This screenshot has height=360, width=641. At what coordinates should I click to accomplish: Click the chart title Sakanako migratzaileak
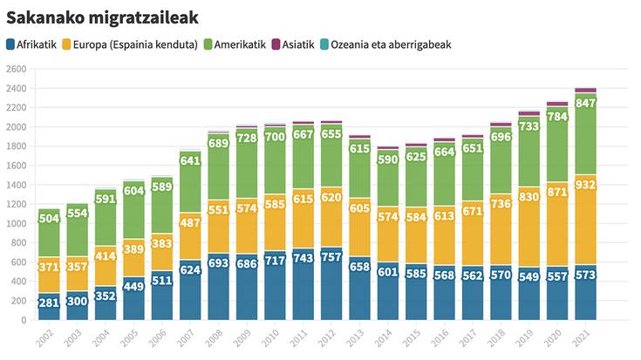(x=102, y=16)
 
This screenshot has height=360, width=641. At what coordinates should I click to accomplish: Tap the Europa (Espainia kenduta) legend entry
(x=136, y=44)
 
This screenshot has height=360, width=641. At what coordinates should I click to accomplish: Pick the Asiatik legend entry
(x=293, y=44)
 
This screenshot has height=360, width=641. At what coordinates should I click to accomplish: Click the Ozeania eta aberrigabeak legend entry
(x=385, y=44)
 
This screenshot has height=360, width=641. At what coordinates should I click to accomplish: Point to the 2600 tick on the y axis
(x=17, y=69)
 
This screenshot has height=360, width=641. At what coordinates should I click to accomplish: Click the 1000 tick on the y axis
(x=17, y=223)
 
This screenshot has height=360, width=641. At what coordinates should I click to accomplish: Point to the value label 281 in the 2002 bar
(x=49, y=303)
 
